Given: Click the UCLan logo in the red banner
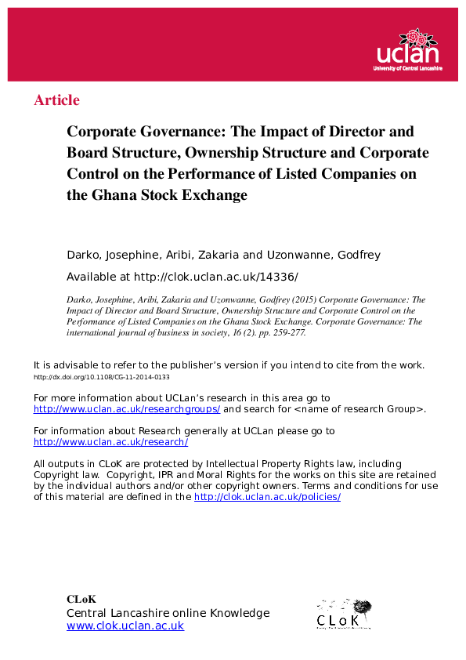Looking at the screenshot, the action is point(407,52).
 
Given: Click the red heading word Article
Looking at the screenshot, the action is point(56,100).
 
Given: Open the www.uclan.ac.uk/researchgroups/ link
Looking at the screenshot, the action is point(127,409).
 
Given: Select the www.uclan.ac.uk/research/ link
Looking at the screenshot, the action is point(110,442).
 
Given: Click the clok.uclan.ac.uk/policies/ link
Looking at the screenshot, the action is point(267,497).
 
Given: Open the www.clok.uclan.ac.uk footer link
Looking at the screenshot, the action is point(125,626).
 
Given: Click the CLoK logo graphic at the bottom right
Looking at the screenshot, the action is point(343,614).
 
